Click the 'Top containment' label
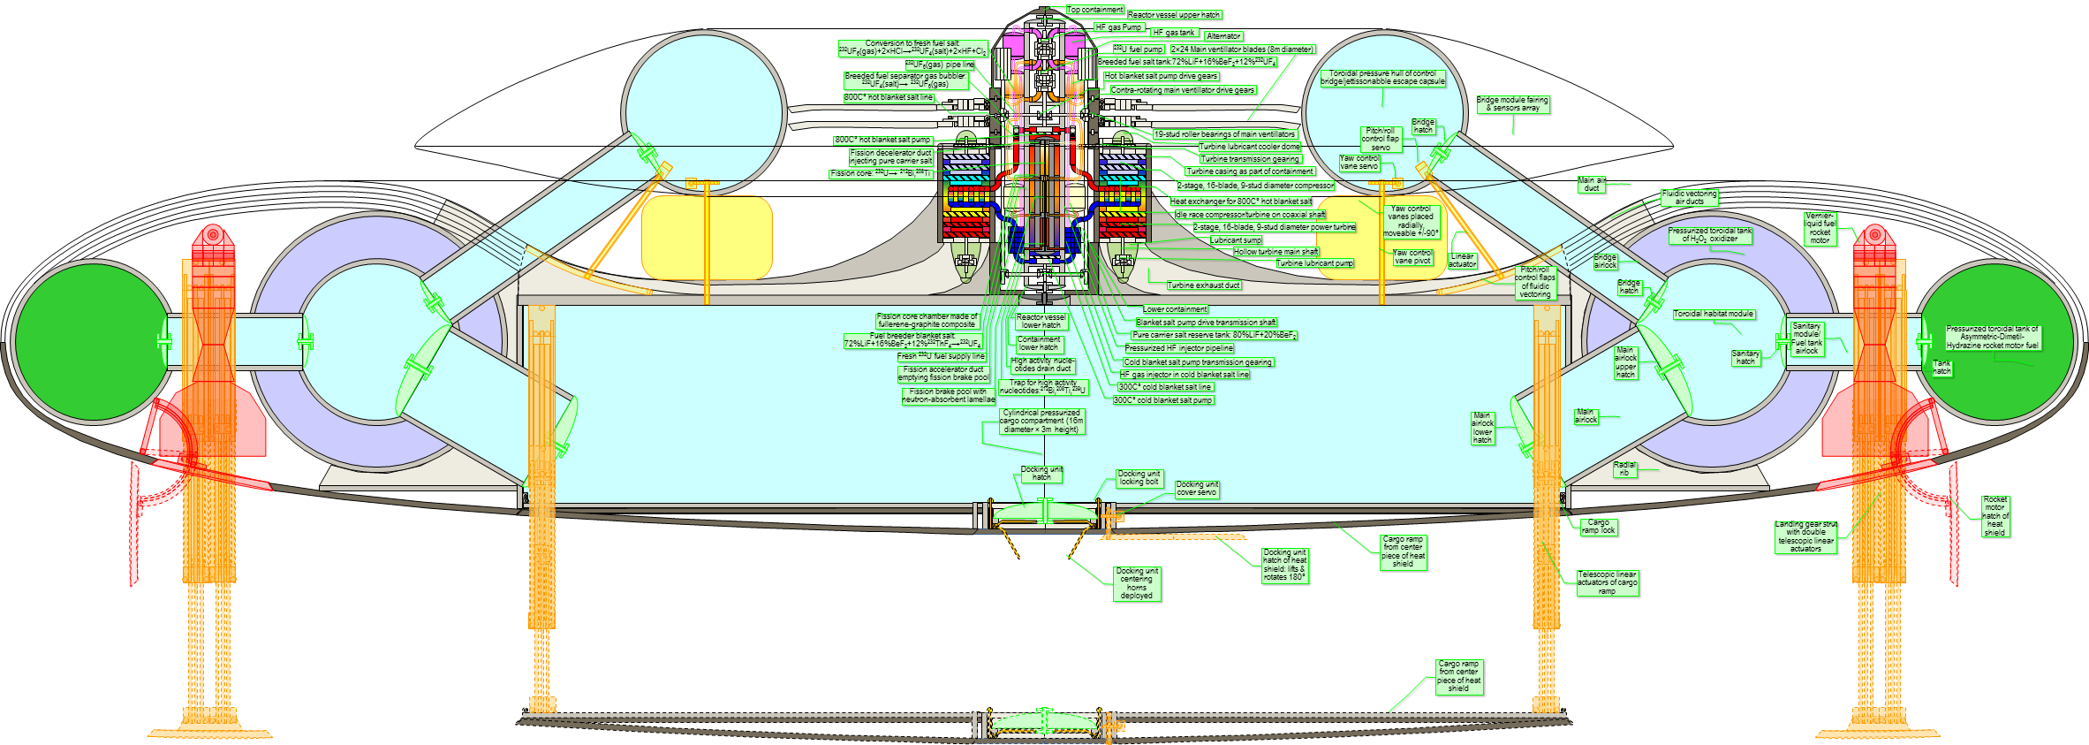tap(1094, 10)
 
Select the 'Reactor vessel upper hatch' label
tap(1174, 15)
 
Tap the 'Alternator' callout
tap(1223, 36)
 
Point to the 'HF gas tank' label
tap(1173, 33)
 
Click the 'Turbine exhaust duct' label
tap(1203, 285)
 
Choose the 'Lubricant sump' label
tap(1236, 240)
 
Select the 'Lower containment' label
tap(1174, 309)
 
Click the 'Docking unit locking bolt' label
tap(1139, 478)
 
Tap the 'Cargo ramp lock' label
tap(1598, 527)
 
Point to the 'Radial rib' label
tap(1624, 468)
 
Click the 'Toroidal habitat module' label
tap(1714, 314)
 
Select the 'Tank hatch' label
tap(1941, 368)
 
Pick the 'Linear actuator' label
tap(1462, 260)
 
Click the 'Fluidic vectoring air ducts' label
tap(1689, 197)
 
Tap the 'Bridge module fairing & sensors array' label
tap(1512, 104)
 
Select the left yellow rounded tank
tap(707, 238)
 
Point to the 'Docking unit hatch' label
tap(1041, 474)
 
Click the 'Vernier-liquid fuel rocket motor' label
tap(1820, 228)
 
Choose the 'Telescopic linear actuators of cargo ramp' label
tap(1608, 582)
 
